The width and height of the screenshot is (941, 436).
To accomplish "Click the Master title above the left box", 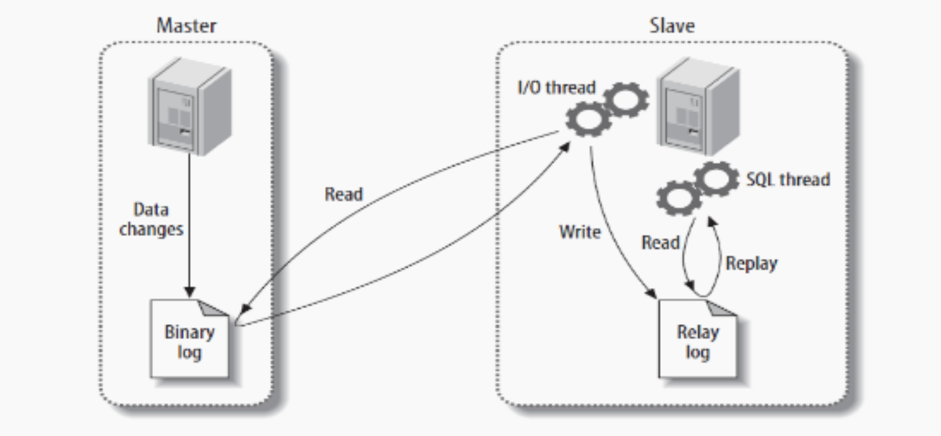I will [x=186, y=26].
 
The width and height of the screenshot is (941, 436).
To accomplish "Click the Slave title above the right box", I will [x=672, y=26].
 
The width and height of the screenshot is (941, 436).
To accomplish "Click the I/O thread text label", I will [x=557, y=88].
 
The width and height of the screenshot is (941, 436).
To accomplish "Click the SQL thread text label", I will [x=789, y=180].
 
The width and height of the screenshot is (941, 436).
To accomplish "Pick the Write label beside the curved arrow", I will [x=580, y=232].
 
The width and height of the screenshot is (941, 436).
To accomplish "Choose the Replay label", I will [x=751, y=263].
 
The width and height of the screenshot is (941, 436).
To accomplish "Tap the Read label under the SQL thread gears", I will [x=659, y=242].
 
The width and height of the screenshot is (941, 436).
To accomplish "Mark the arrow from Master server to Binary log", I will [x=189, y=225].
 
